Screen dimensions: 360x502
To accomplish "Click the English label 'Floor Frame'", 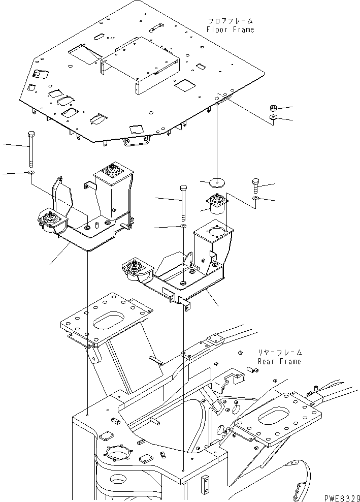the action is (231, 30).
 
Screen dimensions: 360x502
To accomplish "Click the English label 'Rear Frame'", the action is (280, 361).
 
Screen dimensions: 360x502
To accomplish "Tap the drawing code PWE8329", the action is (342, 498).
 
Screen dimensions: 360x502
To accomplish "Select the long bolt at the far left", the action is (31, 149).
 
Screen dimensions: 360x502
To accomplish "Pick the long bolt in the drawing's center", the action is (183, 203).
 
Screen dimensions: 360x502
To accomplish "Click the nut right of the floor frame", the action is (274, 108).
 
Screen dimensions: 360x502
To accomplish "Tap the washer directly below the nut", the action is (273, 117).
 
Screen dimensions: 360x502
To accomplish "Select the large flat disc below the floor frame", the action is (217, 183).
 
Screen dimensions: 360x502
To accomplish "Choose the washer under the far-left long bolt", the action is (31, 173).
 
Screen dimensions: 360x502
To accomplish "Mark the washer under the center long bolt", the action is (183, 227).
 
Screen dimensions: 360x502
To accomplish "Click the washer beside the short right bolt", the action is (255, 199).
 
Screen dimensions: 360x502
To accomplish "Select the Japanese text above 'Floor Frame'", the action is (231, 21).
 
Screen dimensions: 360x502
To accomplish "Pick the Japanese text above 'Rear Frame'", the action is (280, 353).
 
